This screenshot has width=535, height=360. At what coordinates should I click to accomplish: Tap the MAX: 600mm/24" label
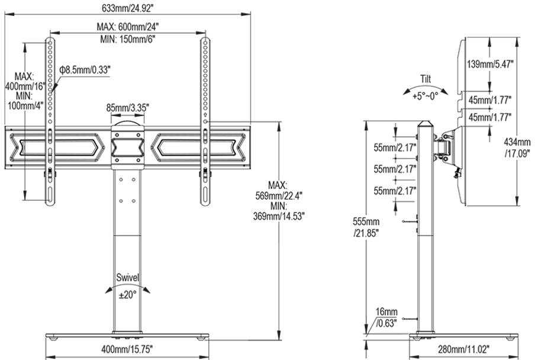coord(128,27)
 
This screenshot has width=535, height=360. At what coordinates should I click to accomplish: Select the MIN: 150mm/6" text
coord(128,39)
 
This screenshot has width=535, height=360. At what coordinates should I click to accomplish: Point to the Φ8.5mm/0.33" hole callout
coord(85,70)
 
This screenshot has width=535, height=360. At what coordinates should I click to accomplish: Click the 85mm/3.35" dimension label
coord(128,108)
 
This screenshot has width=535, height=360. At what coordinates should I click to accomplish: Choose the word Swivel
coord(128,278)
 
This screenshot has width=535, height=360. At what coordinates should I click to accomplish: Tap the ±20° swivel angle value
coord(128,294)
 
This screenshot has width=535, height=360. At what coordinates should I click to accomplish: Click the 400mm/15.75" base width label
coord(127,349)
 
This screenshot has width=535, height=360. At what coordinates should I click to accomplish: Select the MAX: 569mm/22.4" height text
coord(279,191)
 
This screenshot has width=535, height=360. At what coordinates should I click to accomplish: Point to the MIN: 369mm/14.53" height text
coord(279,211)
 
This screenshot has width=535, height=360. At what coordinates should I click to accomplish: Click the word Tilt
coord(426,79)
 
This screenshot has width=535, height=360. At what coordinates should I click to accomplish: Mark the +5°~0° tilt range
coord(425,96)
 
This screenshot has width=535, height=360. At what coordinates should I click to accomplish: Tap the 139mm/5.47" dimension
coord(490,64)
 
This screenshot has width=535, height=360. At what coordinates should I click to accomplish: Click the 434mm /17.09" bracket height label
coord(517,147)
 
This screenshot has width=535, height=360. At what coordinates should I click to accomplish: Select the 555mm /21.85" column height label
coord(366,227)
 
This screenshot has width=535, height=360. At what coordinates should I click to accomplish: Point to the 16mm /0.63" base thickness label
coord(386,317)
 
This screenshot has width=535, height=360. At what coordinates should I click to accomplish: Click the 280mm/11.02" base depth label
coord(464,349)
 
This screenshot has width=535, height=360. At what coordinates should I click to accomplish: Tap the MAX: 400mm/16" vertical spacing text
coord(25,81)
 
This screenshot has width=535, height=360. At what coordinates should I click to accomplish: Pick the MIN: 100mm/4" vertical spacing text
coord(25,100)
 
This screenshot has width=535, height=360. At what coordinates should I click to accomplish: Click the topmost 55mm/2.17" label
coord(395,148)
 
